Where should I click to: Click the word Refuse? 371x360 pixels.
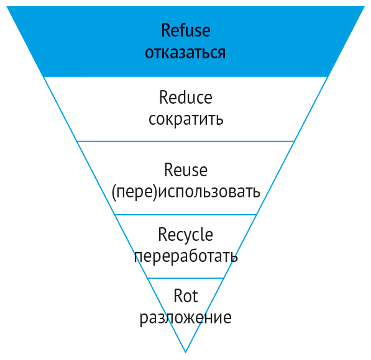[x=185, y=30]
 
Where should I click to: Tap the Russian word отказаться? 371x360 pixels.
[x=185, y=53]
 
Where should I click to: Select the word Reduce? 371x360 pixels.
[x=185, y=97]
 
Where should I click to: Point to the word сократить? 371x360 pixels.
[x=186, y=119]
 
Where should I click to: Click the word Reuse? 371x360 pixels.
[x=185, y=169]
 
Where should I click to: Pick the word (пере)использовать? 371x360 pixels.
[x=186, y=192]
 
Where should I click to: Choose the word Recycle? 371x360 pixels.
[x=185, y=235]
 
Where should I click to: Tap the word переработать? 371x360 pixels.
[x=186, y=256]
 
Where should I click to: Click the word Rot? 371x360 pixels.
[x=185, y=295]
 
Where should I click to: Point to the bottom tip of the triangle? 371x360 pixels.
[x=185, y=353]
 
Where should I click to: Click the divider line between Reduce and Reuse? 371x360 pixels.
[x=185, y=142]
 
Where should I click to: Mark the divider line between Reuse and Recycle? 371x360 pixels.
[x=185, y=215]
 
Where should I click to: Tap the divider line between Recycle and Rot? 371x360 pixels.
[x=185, y=278]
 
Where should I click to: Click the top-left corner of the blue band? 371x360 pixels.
[x=7, y=6]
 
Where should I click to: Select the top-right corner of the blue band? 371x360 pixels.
[x=365, y=6]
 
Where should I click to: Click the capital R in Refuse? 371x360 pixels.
[x=165, y=30]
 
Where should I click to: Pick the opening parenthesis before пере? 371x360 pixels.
[x=114, y=192]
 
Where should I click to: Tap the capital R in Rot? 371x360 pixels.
[x=178, y=295]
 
